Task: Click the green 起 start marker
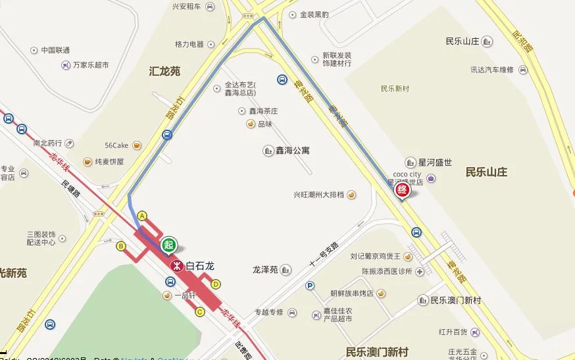pyautogui.click(x=170, y=244)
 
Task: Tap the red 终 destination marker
pyautogui.click(x=402, y=190)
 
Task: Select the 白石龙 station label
pyautogui.click(x=200, y=267)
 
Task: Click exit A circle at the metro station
pyautogui.click(x=141, y=215)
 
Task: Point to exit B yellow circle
pyautogui.click(x=121, y=246)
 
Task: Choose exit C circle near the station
pyautogui.click(x=200, y=312)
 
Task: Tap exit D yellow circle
pyautogui.click(x=216, y=284)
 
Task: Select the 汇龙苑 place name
pyautogui.click(x=164, y=71)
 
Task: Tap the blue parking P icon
pyautogui.click(x=310, y=286)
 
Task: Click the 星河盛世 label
pyautogui.click(x=435, y=162)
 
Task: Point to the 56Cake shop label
pyautogui.click(x=116, y=145)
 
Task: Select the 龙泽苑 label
pyautogui.click(x=266, y=269)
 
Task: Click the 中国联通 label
pyautogui.click(x=55, y=50)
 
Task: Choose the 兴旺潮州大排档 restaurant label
pyautogui.click(x=319, y=195)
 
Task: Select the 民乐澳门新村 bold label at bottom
pyautogui.click(x=377, y=351)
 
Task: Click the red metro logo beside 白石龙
pyautogui.click(x=176, y=267)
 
